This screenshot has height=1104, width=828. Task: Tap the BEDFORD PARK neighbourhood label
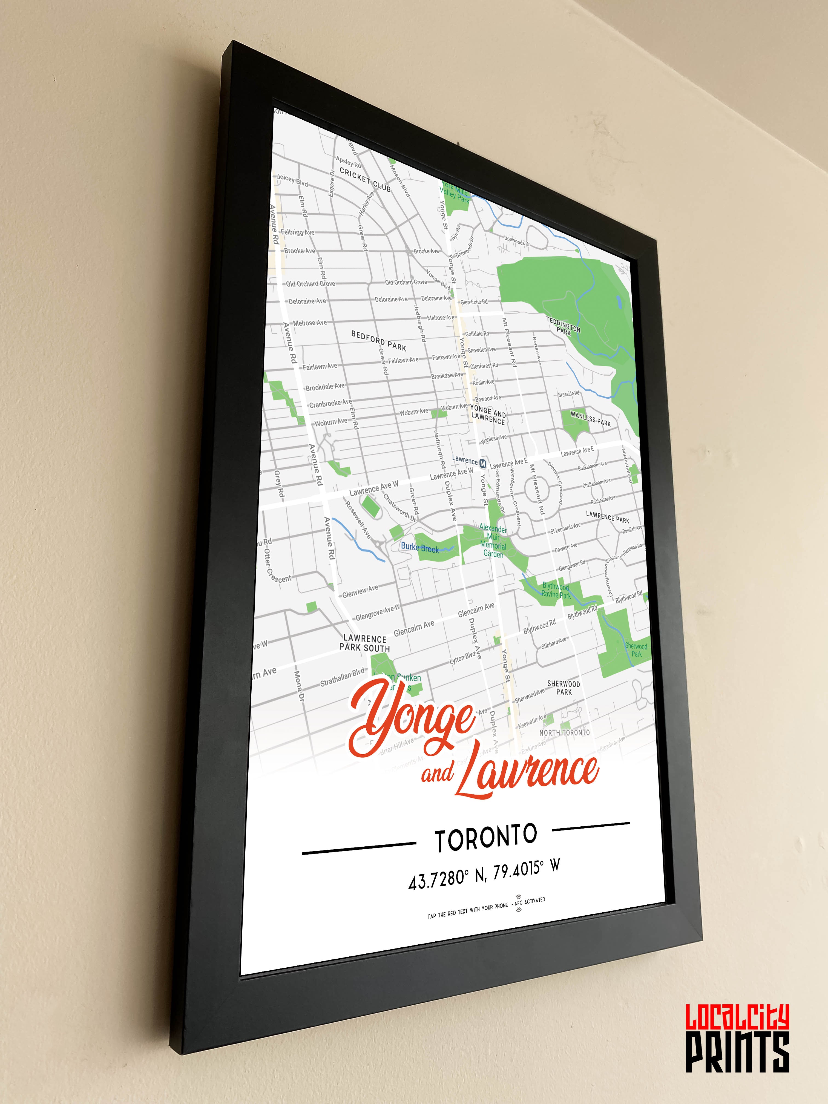click(x=378, y=340)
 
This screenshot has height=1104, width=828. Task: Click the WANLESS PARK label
click(x=590, y=419)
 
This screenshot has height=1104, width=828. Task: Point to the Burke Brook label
click(x=420, y=548)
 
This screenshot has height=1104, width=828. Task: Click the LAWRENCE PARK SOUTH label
click(x=365, y=643)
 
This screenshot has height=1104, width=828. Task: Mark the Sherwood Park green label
click(x=636, y=650)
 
